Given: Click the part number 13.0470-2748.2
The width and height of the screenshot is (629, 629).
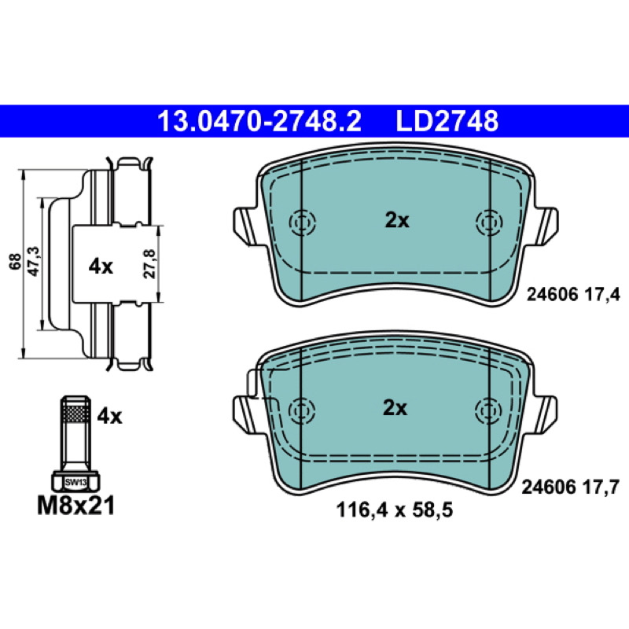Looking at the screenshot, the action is [259, 121].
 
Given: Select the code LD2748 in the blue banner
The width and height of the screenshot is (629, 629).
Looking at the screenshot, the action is [447, 121].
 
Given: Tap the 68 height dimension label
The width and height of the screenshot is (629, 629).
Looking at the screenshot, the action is [16, 262].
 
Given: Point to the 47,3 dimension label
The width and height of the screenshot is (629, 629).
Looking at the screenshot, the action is [33, 261].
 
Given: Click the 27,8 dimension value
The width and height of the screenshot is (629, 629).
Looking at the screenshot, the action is [149, 263].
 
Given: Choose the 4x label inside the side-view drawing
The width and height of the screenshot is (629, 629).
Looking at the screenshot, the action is [101, 267].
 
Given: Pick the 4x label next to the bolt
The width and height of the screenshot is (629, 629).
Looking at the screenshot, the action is [109, 417].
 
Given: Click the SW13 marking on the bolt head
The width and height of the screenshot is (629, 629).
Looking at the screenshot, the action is [75, 483].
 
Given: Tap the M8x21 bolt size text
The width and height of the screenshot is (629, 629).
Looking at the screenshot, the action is [75, 506].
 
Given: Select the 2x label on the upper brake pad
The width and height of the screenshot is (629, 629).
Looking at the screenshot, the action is [397, 221].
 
